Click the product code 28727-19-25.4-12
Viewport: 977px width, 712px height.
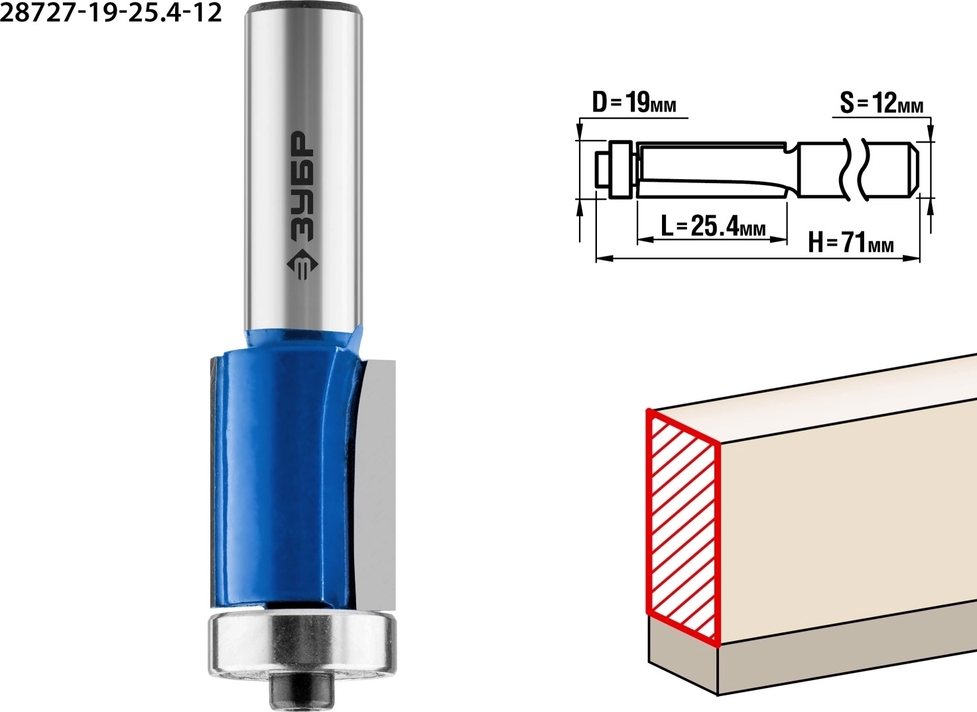[x=111, y=13]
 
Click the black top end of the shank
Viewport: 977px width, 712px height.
[x=304, y=7]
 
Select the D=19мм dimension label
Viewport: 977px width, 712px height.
[x=633, y=104]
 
